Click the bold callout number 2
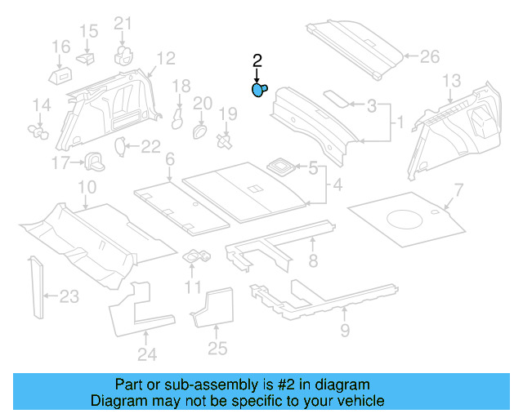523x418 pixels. point(257,60)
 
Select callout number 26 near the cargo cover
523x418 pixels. point(429,57)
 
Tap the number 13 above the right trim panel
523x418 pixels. point(452,80)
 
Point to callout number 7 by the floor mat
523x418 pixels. point(458,190)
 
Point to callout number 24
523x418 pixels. point(146,354)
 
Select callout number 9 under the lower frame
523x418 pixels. point(344,330)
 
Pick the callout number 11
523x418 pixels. point(193,287)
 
